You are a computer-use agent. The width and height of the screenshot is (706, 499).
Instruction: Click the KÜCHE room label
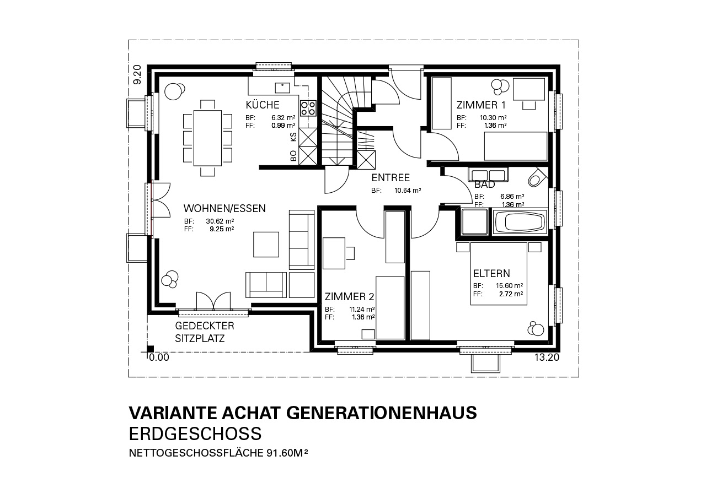point(263,105)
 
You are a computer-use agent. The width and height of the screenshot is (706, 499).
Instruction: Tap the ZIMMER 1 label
point(481,105)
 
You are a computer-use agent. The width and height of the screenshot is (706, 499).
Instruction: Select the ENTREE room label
point(391,178)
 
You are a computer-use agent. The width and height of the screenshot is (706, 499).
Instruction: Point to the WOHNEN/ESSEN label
point(224,208)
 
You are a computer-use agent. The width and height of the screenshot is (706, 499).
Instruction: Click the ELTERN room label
point(491,273)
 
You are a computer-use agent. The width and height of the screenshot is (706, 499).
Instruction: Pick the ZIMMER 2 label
point(350,297)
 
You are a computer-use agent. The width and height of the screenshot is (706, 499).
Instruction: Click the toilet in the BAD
point(537,178)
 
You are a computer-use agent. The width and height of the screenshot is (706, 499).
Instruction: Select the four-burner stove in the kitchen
point(308,107)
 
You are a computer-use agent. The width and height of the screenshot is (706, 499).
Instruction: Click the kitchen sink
point(282,88)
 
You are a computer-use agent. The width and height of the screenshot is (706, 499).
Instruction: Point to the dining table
point(207,138)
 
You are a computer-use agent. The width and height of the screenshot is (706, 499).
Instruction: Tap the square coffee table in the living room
point(266,245)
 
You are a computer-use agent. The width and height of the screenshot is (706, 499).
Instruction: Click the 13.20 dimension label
point(547,357)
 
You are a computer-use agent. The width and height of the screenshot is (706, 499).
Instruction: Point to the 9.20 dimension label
point(137,74)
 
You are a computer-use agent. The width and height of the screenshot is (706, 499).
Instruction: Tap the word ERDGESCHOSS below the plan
point(195,433)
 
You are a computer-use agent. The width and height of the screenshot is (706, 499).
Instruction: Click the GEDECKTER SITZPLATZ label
point(205,332)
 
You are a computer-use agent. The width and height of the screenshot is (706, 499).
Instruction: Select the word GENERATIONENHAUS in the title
point(381,413)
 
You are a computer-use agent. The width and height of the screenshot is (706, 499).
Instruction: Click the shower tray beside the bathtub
point(474,222)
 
